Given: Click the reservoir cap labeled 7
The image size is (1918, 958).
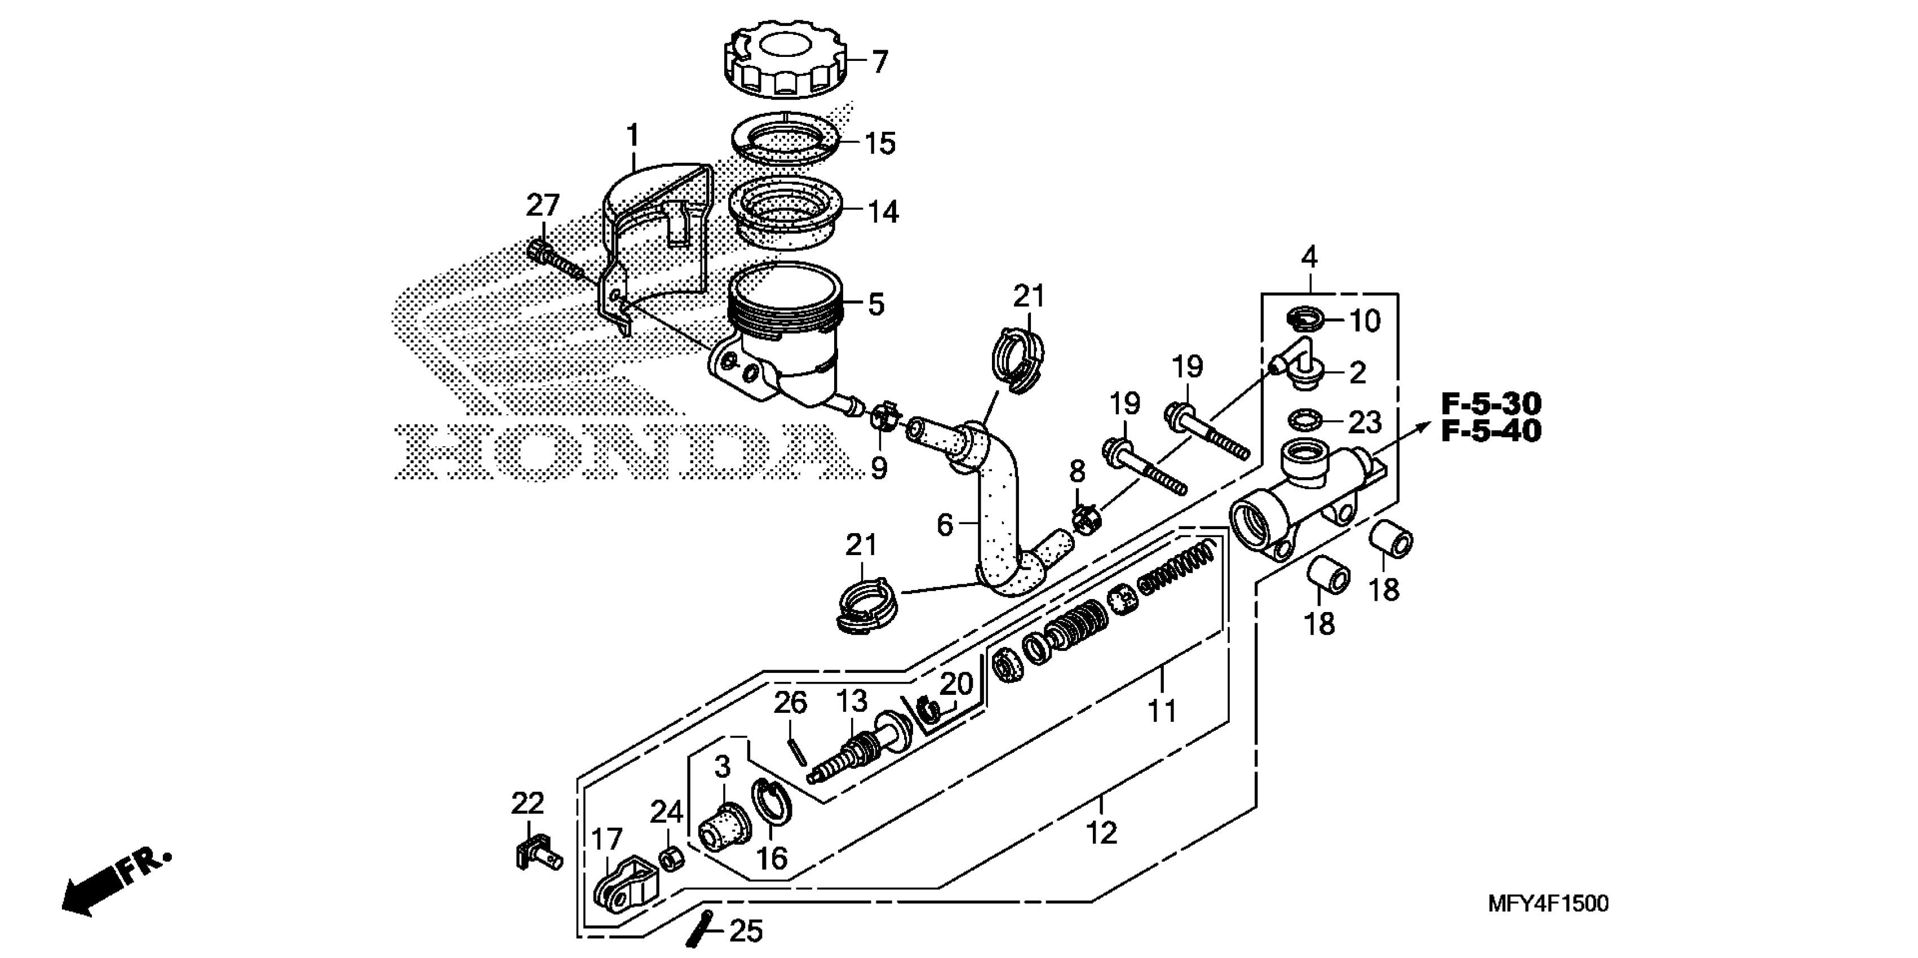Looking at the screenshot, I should point(786,63).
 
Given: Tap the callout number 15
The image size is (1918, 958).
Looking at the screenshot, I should point(879,144).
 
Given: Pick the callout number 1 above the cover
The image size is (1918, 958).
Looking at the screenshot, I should point(632,137).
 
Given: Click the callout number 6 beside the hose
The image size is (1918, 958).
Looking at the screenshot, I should point(944,525).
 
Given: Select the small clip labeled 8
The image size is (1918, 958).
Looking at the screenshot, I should point(1084,517).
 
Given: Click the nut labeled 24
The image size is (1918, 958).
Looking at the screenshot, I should point(670,861).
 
